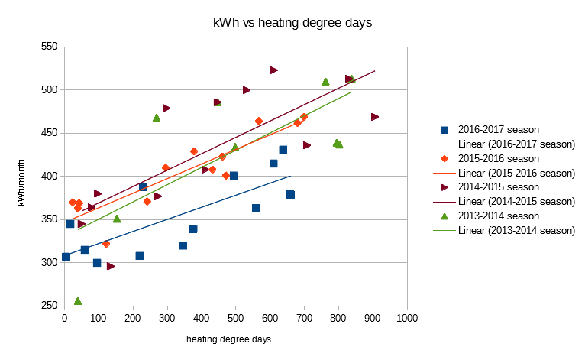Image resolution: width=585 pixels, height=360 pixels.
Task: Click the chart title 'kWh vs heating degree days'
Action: [292, 23]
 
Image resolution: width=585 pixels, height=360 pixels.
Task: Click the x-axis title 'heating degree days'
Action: [234, 339]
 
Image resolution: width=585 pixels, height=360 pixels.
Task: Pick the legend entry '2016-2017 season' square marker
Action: [444, 130]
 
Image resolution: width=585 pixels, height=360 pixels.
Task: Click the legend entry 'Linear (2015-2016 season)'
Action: [516, 173]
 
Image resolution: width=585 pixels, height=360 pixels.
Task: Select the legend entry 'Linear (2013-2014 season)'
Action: [516, 231]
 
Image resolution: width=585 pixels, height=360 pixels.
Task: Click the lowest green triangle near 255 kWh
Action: [78, 301]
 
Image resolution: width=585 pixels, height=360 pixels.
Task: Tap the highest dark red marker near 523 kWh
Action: [273, 70]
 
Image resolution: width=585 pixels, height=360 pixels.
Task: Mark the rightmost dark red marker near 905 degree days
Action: [375, 117]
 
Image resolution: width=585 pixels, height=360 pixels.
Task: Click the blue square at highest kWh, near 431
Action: [283, 150]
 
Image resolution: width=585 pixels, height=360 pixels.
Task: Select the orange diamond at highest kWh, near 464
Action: [259, 121]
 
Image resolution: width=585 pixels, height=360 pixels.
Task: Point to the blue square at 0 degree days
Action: [66, 257]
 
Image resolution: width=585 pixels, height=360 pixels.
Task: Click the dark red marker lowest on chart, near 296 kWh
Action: [111, 266]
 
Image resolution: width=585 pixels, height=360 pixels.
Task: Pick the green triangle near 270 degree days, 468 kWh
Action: [157, 118]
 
